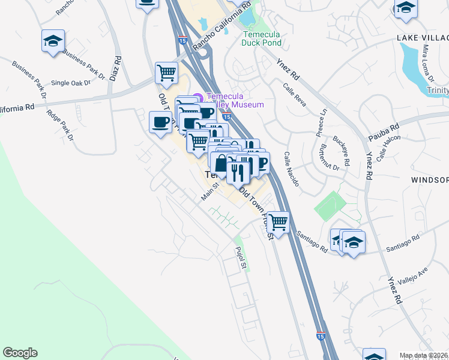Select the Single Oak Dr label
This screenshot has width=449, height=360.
point(70,83)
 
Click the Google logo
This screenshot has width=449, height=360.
point(20,353)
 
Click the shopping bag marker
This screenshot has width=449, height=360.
point(221,163)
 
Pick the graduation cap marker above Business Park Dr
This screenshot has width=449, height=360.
point(53,41)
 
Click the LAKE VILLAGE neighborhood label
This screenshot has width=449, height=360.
point(423,38)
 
